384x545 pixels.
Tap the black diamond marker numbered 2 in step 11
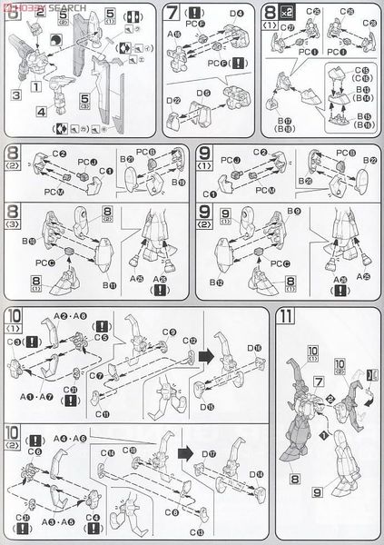[330, 399]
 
